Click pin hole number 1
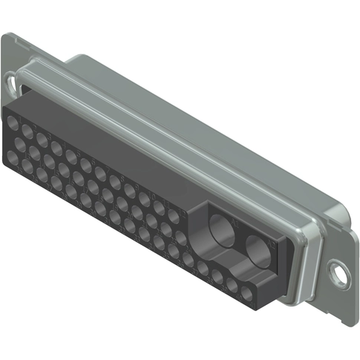pyautogui.click(x=13, y=123)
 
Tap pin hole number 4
pyautogui.click(x=56, y=147)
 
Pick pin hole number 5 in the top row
pyautogui.click(x=71, y=155)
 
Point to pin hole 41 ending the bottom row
pyautogui.click(x=245, y=284)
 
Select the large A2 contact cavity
pyautogui.click(x=259, y=252)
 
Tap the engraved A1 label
pyautogui.click(x=235, y=220)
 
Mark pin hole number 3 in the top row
pyautogui.click(x=42, y=139)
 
